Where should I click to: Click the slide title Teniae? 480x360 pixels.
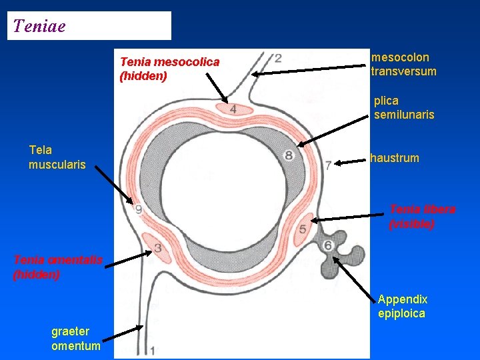[39, 26]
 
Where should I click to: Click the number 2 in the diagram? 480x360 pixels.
[277, 58]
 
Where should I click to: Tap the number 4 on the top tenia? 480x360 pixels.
[233, 109]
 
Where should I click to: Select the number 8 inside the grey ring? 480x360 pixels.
[289, 156]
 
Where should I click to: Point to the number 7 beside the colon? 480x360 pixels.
[329, 165]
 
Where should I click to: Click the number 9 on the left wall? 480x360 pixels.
[138, 210]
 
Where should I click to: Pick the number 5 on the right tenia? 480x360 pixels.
[303, 229]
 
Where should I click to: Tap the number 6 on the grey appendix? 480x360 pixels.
[328, 246]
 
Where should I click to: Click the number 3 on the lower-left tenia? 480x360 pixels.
[159, 249]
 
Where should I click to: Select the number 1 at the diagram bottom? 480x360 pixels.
[154, 349]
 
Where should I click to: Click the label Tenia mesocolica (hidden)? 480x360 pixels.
[169, 69]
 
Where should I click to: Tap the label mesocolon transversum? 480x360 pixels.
[403, 65]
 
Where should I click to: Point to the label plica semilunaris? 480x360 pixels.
[403, 108]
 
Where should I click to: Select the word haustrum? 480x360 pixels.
[395, 158]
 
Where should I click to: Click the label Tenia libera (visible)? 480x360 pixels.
[422, 217]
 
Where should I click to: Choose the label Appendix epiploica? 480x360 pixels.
[402, 307]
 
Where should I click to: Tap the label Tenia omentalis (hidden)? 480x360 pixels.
[58, 267]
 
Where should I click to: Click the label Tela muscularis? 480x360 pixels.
[57, 157]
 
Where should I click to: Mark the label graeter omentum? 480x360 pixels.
[76, 339]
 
